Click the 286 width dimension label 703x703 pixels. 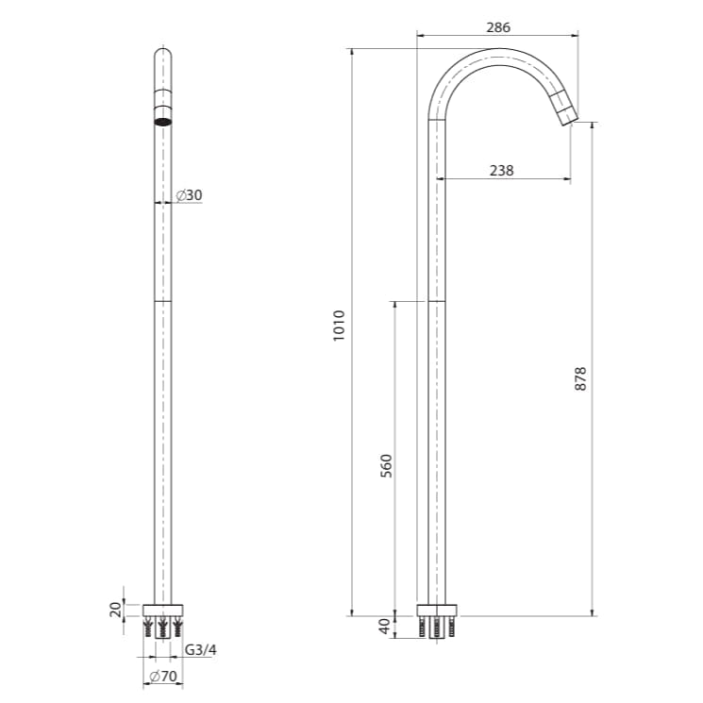click(498, 27)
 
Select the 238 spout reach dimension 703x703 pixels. click(502, 171)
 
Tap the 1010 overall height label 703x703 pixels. click(341, 326)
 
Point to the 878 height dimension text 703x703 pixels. click(581, 378)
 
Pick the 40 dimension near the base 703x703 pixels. click(385, 626)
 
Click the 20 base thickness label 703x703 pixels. click(116, 609)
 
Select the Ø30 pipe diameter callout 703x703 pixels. click(189, 195)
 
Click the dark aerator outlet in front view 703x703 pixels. click(162, 120)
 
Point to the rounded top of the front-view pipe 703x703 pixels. click(162, 53)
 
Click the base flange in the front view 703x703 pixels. click(162, 609)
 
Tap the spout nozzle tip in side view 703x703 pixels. click(566, 115)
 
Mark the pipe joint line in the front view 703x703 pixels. click(162, 301)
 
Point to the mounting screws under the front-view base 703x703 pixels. click(162, 627)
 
